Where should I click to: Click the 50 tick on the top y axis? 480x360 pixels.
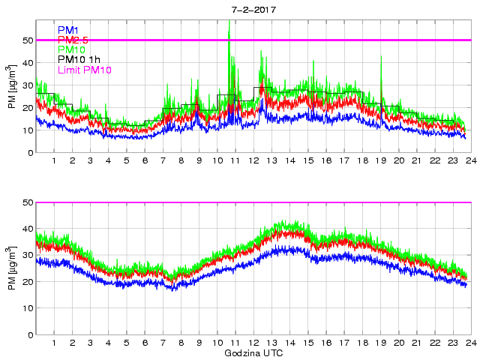(x=28, y=40)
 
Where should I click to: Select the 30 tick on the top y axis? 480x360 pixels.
(x=28, y=85)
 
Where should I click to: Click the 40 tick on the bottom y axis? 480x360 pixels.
(x=28, y=229)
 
